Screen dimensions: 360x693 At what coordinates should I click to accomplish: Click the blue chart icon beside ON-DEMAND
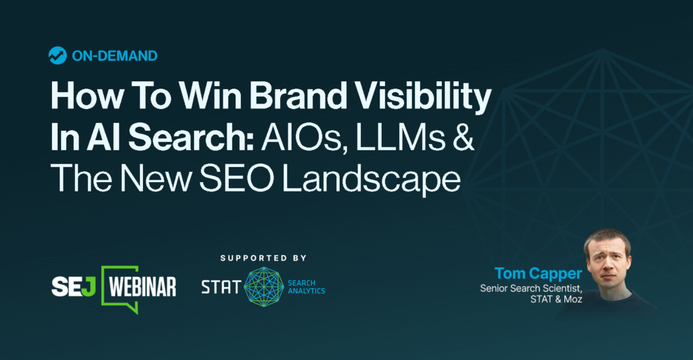click(57, 56)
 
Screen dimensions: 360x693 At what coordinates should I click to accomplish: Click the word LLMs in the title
click(407, 139)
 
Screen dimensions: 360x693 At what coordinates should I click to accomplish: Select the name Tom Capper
click(537, 274)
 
